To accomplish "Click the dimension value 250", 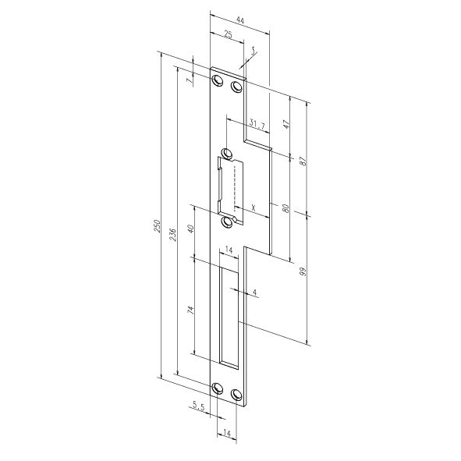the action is (x=158, y=225).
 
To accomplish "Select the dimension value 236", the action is (x=173, y=235).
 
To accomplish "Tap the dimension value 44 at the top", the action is (x=240, y=20).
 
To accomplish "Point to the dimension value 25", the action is (x=228, y=34).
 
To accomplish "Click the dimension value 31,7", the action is (x=257, y=123).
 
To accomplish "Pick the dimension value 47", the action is (x=286, y=124).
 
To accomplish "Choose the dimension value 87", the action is (x=303, y=161).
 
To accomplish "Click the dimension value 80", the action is (x=285, y=208).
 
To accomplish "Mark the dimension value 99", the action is (x=303, y=271).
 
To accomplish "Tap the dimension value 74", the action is (x=191, y=310).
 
